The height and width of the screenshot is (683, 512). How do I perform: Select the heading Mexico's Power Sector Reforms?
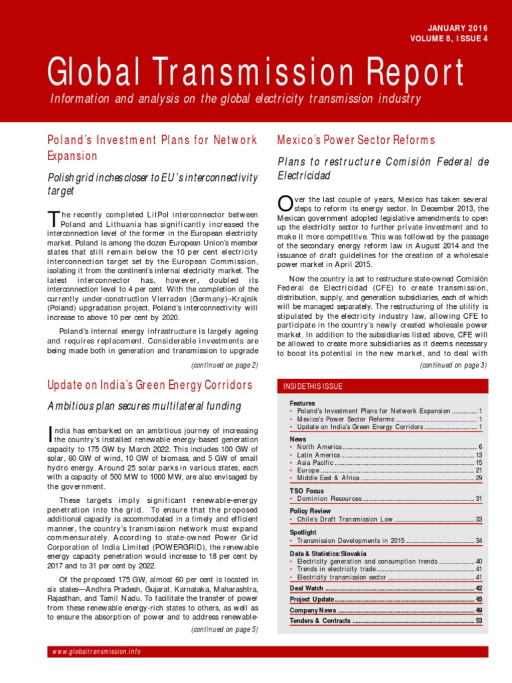[355, 140]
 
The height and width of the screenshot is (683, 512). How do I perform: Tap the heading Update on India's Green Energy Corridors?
[150, 385]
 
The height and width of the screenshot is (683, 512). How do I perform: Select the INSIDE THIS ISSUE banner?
[313, 386]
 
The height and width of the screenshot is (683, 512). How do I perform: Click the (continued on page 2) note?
[224, 365]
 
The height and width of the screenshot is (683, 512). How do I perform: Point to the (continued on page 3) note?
[453, 365]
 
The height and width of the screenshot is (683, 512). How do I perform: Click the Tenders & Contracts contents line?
[320, 620]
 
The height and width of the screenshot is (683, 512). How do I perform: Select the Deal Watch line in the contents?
[307, 588]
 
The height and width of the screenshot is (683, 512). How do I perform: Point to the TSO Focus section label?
[307, 490]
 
